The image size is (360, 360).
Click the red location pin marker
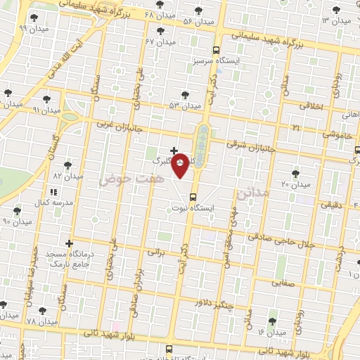coord(181,165)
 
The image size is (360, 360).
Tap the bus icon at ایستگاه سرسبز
coord(216,50)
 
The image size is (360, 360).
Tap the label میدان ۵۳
coord(185,105)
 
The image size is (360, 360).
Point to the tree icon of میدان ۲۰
coord(295,173)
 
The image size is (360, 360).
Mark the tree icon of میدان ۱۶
coord(272,321)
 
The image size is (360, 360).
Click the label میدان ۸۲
coord(68,175)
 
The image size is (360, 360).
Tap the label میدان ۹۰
coord(17,221)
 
